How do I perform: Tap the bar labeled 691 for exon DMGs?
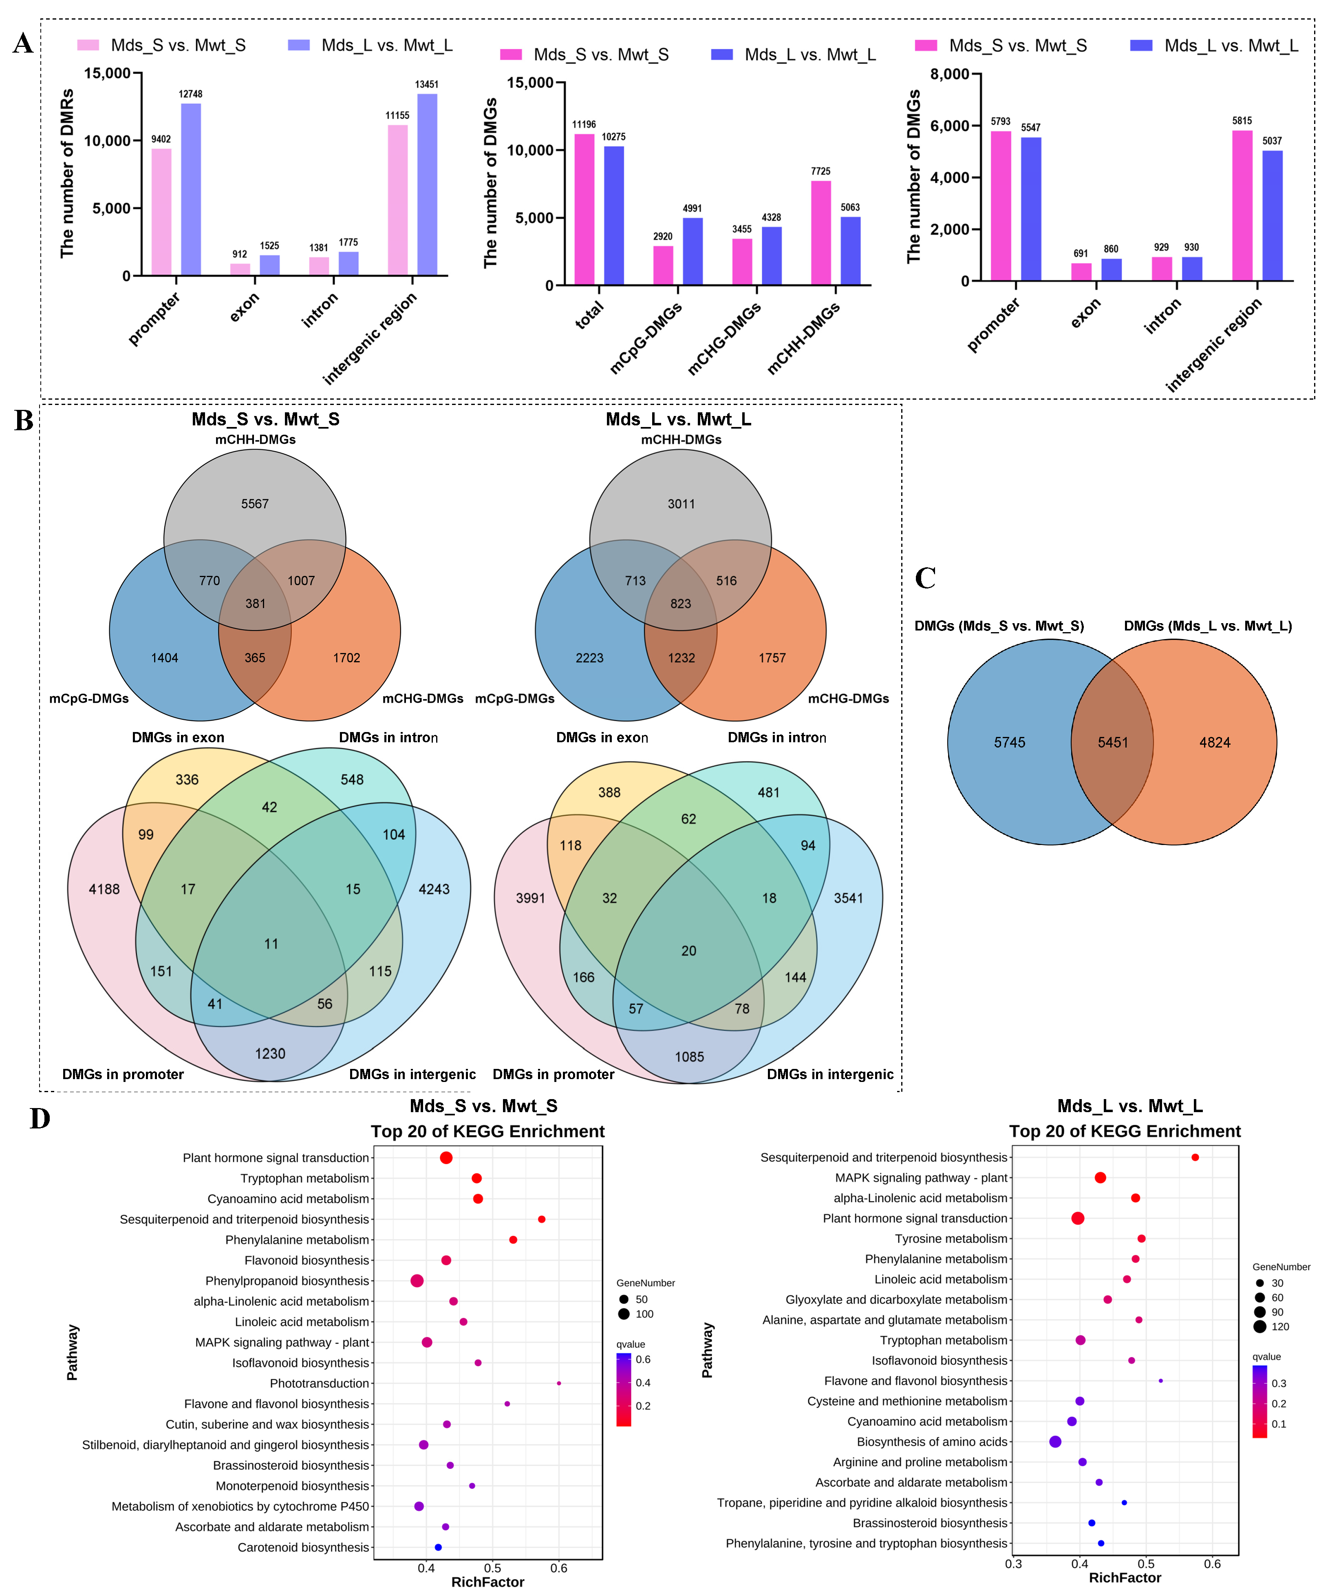click(1081, 271)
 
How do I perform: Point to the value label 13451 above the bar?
click(427, 84)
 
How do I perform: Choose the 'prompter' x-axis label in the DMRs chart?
click(154, 319)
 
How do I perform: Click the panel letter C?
click(924, 579)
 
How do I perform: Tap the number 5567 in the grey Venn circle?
click(255, 504)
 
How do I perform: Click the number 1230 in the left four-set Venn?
click(270, 1053)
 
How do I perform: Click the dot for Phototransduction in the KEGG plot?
click(559, 1383)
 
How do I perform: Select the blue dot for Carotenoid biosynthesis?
click(438, 1547)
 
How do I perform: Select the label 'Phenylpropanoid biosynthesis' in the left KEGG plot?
click(287, 1281)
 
